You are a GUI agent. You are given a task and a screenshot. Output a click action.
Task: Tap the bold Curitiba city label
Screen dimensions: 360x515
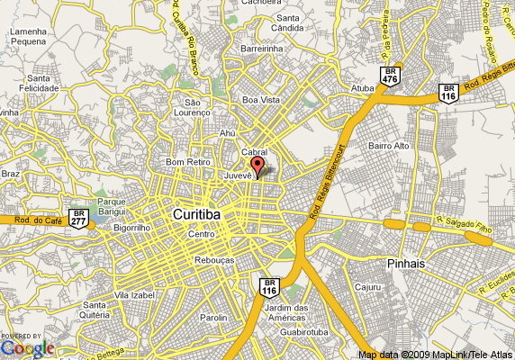point(196,216)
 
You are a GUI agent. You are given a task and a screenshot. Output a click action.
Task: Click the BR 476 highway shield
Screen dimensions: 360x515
point(390,76)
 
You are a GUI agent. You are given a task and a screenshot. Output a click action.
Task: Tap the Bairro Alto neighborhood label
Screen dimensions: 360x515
point(389,145)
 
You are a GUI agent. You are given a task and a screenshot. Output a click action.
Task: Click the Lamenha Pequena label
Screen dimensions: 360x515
point(29,36)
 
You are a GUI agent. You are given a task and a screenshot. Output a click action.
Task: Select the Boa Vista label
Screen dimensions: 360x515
point(262,100)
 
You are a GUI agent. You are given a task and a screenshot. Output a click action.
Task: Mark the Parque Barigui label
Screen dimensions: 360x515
point(111,207)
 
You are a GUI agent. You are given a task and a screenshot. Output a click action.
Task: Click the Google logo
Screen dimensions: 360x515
point(27,348)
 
